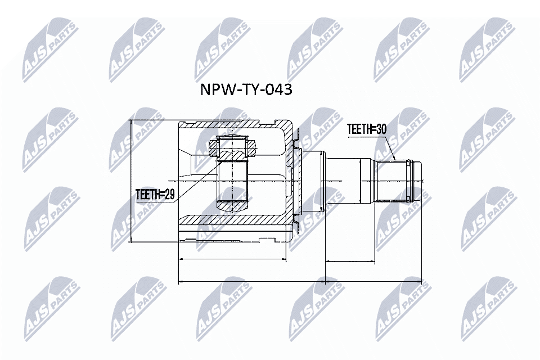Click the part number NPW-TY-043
pyautogui.click(x=246, y=90)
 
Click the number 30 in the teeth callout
pyautogui.click(x=381, y=129)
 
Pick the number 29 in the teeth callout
pyautogui.click(x=169, y=195)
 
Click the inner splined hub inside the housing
pyautogui.click(x=232, y=180)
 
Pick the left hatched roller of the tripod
pyautogui.click(x=214, y=147)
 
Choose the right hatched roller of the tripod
pyautogui.click(x=251, y=147)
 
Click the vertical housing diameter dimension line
pyautogui.click(x=130, y=181)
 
